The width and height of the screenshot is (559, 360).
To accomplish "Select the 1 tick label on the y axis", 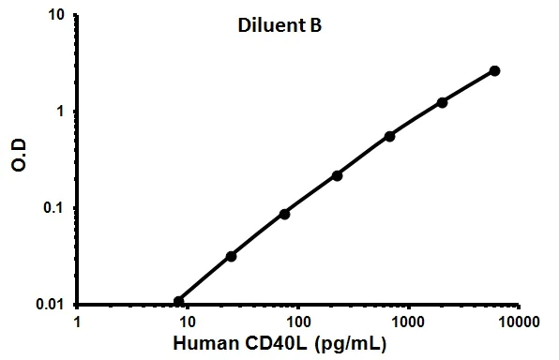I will pos(62,112).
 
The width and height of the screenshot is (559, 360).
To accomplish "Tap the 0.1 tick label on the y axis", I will pos(55,208).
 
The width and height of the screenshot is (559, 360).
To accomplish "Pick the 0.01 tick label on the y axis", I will pos(52,305).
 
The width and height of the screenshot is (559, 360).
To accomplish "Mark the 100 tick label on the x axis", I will pos(297,322).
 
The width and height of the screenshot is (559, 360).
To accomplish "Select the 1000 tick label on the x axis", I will pos(408,322).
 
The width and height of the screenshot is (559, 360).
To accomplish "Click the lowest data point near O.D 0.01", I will pos(179,301).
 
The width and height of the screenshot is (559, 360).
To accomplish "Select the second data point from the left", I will pos(231,256).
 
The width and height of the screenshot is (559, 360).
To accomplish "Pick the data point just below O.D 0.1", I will pos(284,214).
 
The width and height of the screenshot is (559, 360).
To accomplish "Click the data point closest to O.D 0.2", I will pos(337,175).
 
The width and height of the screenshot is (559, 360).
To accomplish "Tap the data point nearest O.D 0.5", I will pos(389,136).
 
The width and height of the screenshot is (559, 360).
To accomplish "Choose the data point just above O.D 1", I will pos(442,101).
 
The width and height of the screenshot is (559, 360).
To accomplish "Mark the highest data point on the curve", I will pos(494,70).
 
